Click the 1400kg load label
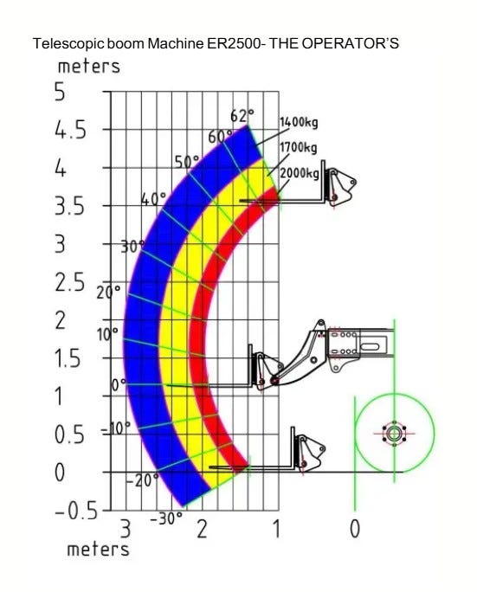coord(299,122)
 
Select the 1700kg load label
coord(299,147)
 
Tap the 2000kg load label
coord(300,173)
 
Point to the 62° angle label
coord(242,115)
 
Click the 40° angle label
coord(153,198)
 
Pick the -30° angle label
coord(166,518)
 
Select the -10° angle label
coord(115,428)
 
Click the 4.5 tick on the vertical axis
coord(71,131)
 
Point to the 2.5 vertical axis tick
coord(70,283)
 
